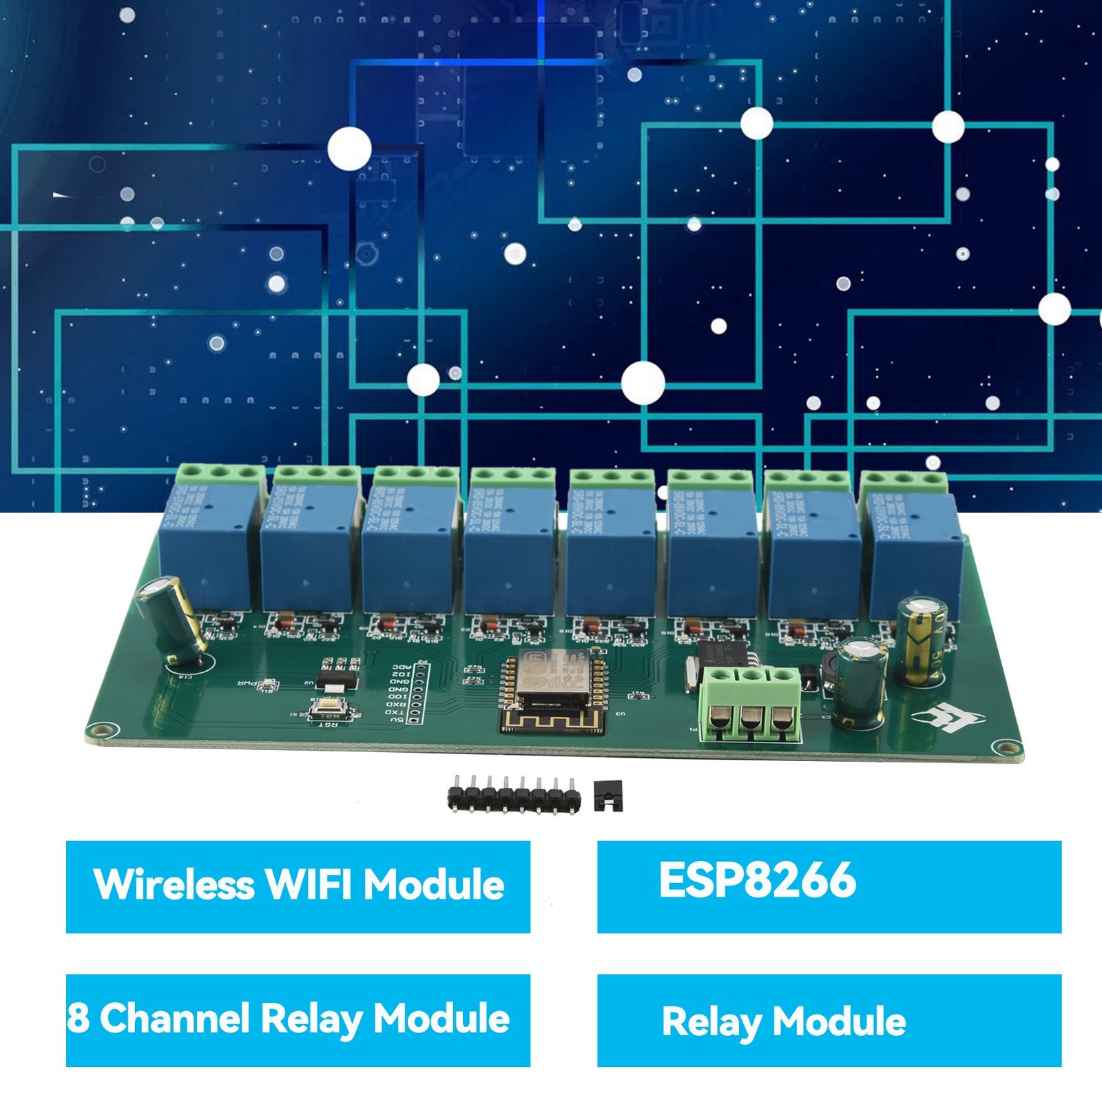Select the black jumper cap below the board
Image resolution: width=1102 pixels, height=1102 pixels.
click(x=609, y=796)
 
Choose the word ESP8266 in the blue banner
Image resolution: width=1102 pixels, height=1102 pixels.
click(x=757, y=880)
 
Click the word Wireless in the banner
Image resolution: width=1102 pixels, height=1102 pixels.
click(x=174, y=884)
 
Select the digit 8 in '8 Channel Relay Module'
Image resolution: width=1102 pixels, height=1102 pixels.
click(x=78, y=1018)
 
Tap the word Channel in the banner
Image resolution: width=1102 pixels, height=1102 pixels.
click(x=175, y=1018)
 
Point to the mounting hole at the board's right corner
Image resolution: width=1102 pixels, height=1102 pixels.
click(x=1008, y=747)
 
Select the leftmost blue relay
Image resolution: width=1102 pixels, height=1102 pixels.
click(x=206, y=544)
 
